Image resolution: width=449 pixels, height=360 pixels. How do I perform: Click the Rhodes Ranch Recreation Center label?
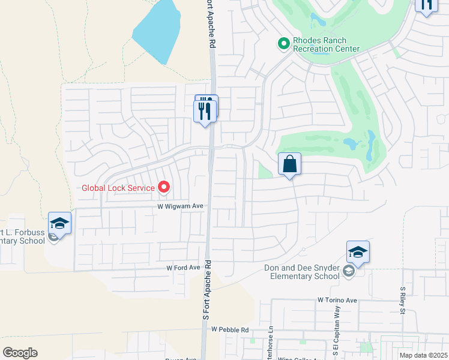(326, 45)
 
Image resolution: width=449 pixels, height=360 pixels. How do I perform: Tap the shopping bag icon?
(289, 164)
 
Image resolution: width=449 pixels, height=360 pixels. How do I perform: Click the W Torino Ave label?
(337, 299)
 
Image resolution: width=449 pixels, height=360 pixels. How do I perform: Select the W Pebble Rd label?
(230, 330)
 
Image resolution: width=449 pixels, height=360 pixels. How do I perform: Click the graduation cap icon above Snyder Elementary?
(358, 252)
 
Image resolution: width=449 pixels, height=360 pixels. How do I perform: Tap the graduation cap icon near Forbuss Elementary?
(60, 223)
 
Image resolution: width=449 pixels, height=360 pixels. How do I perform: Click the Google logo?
(20, 353)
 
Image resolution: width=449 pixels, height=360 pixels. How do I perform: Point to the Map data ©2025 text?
(423, 355)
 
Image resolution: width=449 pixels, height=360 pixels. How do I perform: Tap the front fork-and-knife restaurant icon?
(204, 111)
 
